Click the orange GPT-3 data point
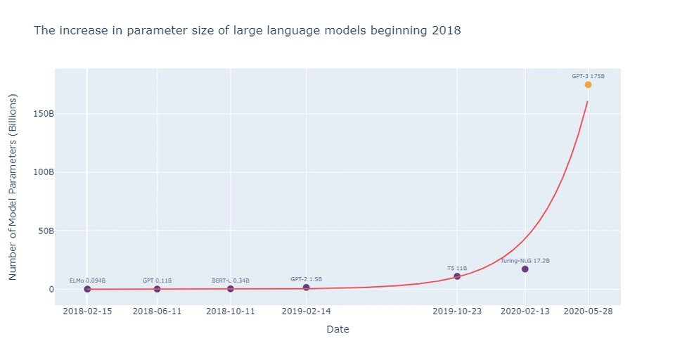pyautogui.click(x=588, y=84)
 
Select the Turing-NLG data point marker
pyautogui.click(x=525, y=269)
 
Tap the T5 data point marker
pyautogui.click(x=457, y=276)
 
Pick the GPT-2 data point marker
pyautogui.click(x=306, y=288)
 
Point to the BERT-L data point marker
pyautogui.click(x=231, y=289)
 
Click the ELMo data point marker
pyautogui.click(x=87, y=289)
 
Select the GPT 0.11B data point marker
pyautogui.click(x=157, y=289)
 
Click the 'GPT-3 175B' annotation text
pyautogui.click(x=588, y=76)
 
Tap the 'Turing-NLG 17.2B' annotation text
pyautogui.click(x=525, y=261)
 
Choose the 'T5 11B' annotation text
pyautogui.click(x=457, y=268)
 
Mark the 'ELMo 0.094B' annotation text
pyautogui.click(x=87, y=281)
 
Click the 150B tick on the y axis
pyautogui.click(x=44, y=114)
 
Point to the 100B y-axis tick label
pyautogui.click(x=44, y=172)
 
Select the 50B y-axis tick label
pyautogui.click(x=46, y=231)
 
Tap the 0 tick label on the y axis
pyautogui.click(x=51, y=289)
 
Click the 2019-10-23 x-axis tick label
pyautogui.click(x=457, y=311)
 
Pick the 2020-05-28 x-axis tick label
pyautogui.click(x=588, y=311)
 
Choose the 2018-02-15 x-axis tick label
pyautogui.click(x=87, y=311)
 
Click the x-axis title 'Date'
pyautogui.click(x=337, y=329)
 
